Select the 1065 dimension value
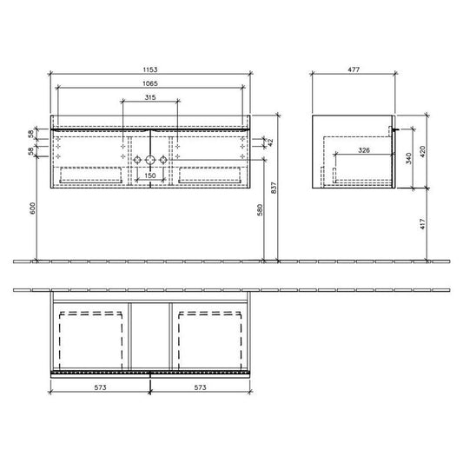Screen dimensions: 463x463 (150, 84)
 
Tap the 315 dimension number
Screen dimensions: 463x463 (150, 100)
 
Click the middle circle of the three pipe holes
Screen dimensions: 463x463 (150, 160)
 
